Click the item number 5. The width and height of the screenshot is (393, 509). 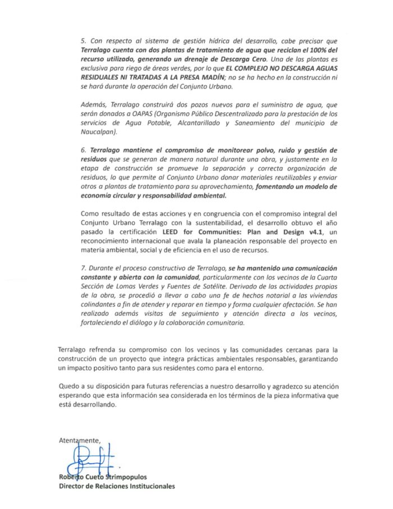pyautogui.click(x=83, y=42)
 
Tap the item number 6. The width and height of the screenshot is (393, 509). pyautogui.click(x=83, y=151)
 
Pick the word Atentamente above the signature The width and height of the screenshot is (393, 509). pyautogui.click(x=80, y=440)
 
